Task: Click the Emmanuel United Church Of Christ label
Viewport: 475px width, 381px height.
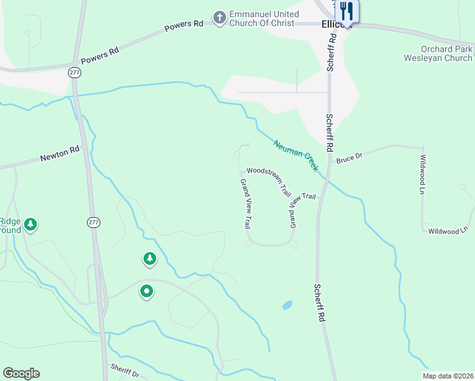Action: pos(263,18)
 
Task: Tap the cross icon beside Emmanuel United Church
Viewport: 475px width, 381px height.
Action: pos(220,18)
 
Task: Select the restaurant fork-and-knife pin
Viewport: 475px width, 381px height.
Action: pos(347,11)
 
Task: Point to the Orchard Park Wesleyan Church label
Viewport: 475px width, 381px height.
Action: pos(438,53)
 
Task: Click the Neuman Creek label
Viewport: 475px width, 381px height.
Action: pos(296,156)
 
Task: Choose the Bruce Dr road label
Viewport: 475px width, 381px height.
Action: pos(349,156)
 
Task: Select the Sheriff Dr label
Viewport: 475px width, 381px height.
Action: pos(124,370)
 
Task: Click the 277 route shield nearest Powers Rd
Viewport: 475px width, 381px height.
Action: pos(75,72)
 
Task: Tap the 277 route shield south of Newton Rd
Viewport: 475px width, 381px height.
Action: pos(94,222)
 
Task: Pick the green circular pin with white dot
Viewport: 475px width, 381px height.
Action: pos(147,291)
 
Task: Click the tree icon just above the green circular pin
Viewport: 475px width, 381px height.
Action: pos(150,258)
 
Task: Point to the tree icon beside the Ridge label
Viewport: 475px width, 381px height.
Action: pos(30,224)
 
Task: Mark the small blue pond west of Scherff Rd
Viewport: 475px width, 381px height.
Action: pos(287,305)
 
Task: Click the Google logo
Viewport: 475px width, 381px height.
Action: pos(21,373)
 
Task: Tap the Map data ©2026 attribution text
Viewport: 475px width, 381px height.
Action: pos(446,376)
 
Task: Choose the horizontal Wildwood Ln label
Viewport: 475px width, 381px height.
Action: pos(448,231)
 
